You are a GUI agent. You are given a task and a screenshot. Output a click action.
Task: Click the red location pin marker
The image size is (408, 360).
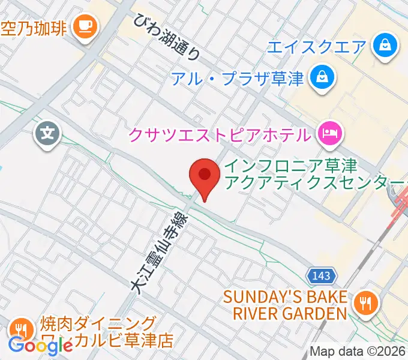tap(203, 176)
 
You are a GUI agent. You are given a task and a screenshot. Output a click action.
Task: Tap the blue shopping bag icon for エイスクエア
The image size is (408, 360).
tap(382, 44)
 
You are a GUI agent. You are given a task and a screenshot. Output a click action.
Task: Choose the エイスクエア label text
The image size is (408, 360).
tap(317, 46)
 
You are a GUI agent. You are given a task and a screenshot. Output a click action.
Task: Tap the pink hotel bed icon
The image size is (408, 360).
tap(329, 131)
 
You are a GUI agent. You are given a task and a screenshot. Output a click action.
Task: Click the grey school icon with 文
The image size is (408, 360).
tap(47, 131)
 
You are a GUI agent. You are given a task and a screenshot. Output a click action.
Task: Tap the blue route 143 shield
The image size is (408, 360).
tap(321, 276)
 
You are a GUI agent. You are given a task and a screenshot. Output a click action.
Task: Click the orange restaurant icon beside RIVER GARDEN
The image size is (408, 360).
tap(364, 302)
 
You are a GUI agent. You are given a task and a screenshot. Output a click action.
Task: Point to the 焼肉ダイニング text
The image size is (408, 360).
tap(99, 324)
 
